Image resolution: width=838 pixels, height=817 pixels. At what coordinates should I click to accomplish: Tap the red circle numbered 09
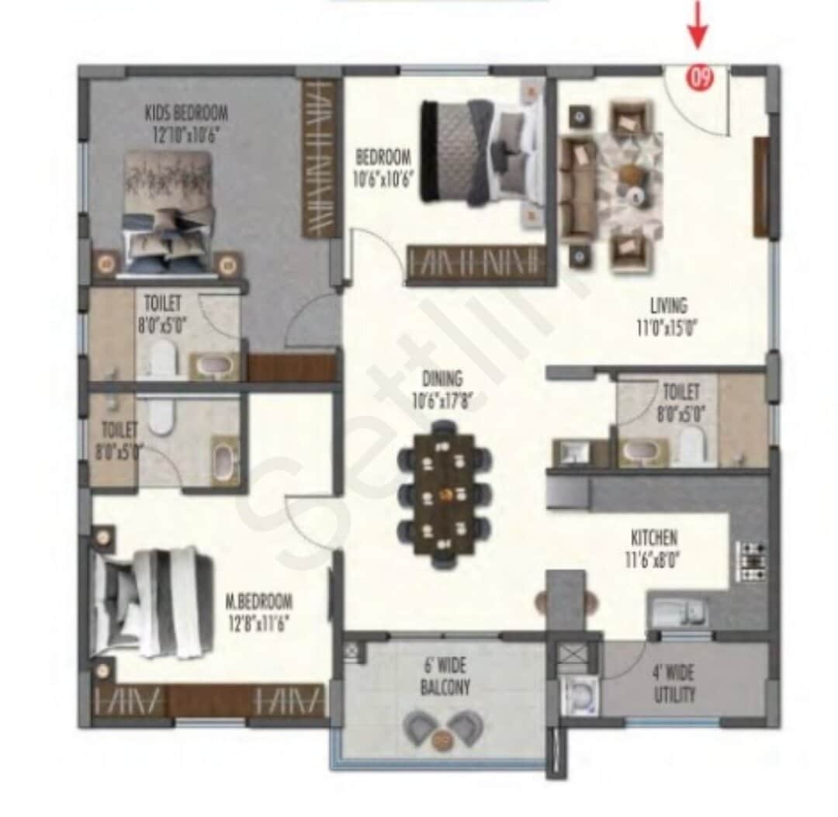pos(700,78)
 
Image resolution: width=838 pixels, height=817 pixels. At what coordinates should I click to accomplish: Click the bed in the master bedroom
pos(151,603)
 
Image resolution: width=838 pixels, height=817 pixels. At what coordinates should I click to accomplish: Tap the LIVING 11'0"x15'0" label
pos(668,317)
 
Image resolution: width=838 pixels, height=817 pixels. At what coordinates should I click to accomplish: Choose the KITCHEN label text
pos(653,546)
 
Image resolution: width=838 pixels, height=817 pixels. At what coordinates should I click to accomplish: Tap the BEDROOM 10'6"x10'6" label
pos(383,166)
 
